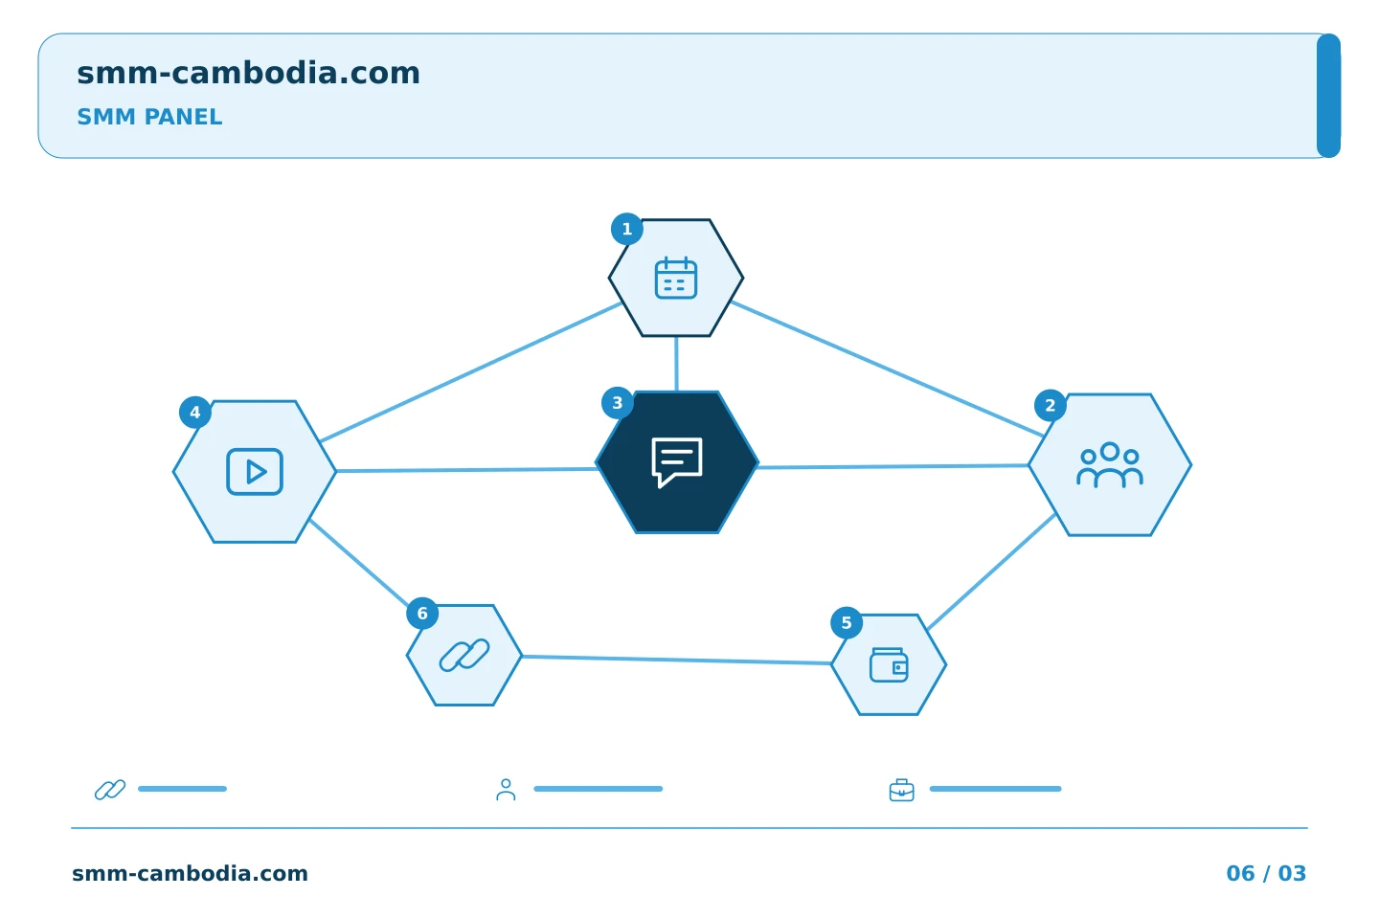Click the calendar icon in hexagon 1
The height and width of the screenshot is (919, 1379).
[x=676, y=278]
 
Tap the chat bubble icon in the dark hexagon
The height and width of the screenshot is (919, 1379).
[x=676, y=462]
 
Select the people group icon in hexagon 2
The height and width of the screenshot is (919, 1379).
[x=1109, y=464]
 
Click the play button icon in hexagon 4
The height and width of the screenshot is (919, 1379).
[x=255, y=472]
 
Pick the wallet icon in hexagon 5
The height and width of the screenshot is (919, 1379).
[x=889, y=664]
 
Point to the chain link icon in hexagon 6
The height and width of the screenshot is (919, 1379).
[x=464, y=655]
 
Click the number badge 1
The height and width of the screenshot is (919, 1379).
[x=626, y=229]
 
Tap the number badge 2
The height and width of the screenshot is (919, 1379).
[x=1051, y=405]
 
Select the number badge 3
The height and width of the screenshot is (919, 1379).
[x=617, y=403]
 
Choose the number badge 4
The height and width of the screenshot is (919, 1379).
[x=195, y=412]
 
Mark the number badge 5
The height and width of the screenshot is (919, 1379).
[x=847, y=622]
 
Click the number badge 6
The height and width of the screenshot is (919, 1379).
[x=422, y=613]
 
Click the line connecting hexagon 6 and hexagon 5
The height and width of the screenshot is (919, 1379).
[x=676, y=660]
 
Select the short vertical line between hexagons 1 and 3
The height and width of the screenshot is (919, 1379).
[x=676, y=364]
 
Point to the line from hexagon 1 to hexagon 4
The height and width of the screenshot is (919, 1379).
[x=471, y=371]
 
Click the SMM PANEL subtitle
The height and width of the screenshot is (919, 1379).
[x=149, y=117]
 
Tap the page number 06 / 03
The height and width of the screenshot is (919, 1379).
[x=1266, y=873]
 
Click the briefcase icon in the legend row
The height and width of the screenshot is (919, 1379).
[x=901, y=790]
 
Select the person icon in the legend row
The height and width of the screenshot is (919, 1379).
[x=506, y=790]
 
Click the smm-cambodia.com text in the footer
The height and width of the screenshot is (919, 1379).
[x=190, y=873]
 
